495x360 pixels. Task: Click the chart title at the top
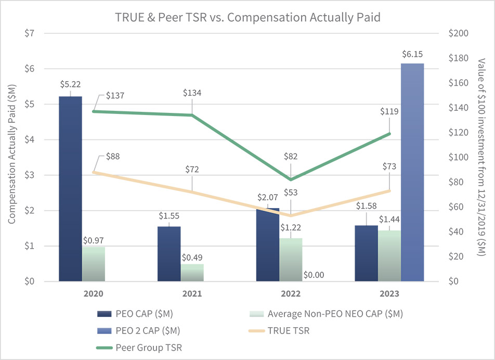coord(248,17)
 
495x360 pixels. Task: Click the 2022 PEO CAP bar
coord(268,245)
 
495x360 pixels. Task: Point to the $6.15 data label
coord(412,54)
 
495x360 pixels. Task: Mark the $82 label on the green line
coord(291,156)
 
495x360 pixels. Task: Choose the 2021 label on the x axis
coord(192,293)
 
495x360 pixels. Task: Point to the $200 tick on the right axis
coord(460,33)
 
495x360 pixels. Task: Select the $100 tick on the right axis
coord(460,157)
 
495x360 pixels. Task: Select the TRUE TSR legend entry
coord(288,330)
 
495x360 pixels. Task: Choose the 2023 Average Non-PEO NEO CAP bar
coord(389,256)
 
